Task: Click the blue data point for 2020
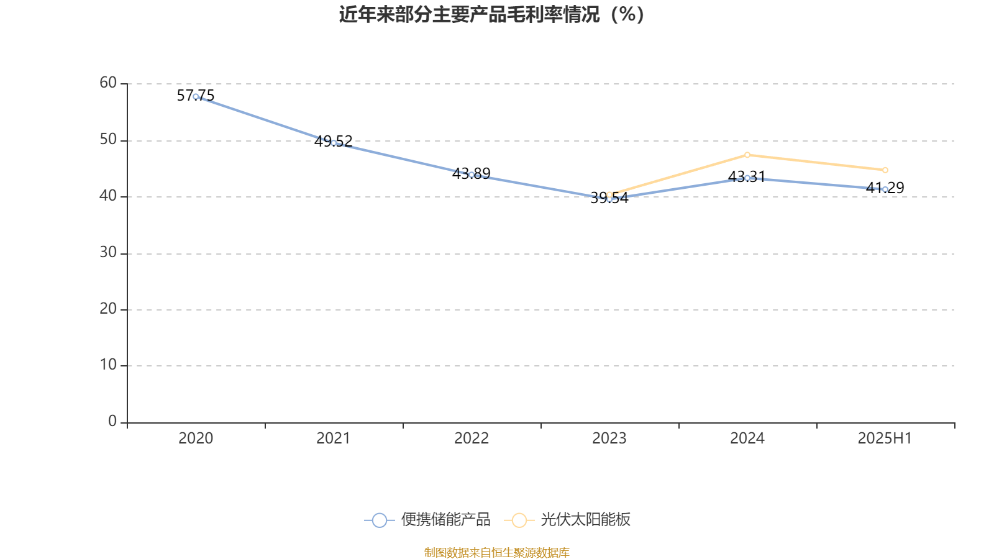[196, 96]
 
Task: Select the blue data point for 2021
[334, 143]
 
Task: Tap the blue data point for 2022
[472, 175]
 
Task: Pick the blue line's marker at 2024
[747, 178]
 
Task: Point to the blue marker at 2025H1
[885, 189]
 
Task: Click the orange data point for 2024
[747, 155]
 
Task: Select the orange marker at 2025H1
[885, 170]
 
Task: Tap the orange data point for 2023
[609, 194]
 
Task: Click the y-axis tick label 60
[108, 83]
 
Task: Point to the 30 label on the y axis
[108, 252]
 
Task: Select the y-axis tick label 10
[108, 365]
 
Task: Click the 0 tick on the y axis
[112, 421]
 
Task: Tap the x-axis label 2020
[196, 439]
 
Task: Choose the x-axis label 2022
[472, 439]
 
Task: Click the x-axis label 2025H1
[885, 439]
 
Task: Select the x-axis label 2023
[609, 439]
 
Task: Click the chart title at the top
[492, 14]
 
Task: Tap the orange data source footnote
[497, 552]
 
